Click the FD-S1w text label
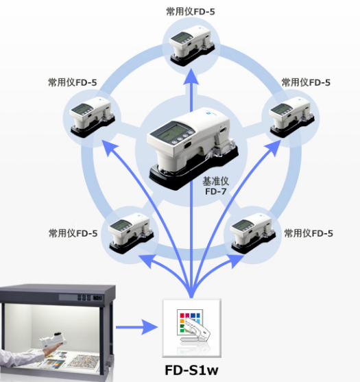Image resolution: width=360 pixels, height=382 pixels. click(x=191, y=370)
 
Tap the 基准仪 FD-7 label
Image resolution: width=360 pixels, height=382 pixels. click(x=215, y=187)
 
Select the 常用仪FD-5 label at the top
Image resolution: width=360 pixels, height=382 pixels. click(x=191, y=12)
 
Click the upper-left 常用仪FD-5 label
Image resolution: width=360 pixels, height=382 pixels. click(x=72, y=82)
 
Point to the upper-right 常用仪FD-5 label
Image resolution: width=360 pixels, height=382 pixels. click(x=306, y=82)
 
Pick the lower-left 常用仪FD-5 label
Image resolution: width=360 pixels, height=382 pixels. click(x=73, y=233)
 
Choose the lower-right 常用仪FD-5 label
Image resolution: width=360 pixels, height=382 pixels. click(x=309, y=233)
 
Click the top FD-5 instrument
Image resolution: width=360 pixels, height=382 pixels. click(x=192, y=46)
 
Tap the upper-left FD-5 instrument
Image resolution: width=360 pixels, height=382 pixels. click(x=92, y=117)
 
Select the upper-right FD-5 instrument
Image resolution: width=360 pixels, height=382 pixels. click(x=291, y=117)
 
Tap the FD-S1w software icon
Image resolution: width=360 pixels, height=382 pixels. click(x=192, y=328)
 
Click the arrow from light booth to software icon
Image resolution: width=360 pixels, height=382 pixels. click(x=137, y=327)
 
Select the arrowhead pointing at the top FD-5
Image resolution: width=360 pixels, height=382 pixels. click(x=191, y=77)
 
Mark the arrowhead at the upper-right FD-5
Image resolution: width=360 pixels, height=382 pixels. click(x=274, y=147)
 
